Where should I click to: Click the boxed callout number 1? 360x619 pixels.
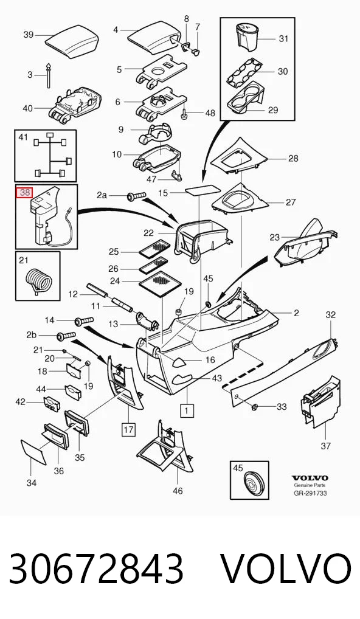click(x=187, y=410)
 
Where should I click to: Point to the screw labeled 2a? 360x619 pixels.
click(x=136, y=196)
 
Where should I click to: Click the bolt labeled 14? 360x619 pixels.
click(x=83, y=320)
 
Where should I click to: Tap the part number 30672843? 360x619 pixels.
click(x=96, y=569)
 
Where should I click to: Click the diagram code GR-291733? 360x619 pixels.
click(x=310, y=493)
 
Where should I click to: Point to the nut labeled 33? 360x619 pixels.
click(x=254, y=406)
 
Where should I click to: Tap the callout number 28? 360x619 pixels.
click(x=293, y=158)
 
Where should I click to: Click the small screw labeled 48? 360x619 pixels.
click(x=185, y=113)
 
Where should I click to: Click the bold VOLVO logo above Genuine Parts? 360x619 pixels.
click(x=310, y=479)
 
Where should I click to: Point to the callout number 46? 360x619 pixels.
click(x=178, y=490)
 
